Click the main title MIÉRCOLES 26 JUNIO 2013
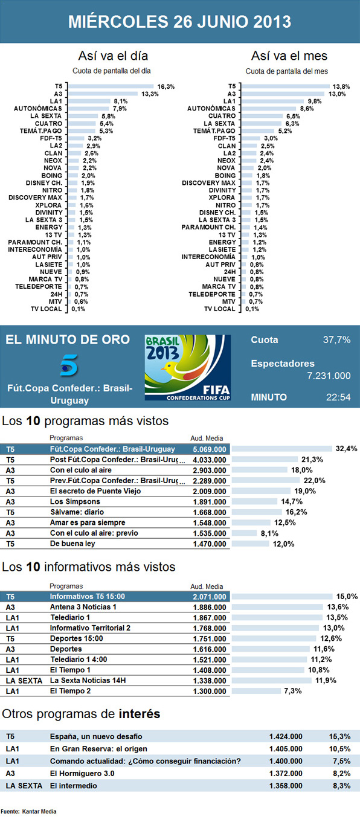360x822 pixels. pos(179,22)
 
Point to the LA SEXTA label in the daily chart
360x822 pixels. pos(48,115)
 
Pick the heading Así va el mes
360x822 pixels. pos(289,56)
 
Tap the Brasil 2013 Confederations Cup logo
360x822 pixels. pos(188,367)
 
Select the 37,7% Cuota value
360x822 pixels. pos(336,340)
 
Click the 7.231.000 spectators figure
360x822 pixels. pos(329,376)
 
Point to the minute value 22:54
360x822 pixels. pos(338,398)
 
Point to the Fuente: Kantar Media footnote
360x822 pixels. pos(29,812)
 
